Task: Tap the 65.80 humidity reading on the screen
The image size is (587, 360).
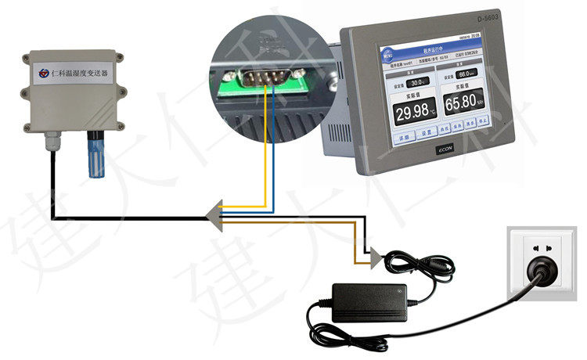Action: coord(464,103)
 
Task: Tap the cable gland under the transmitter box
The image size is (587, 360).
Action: coord(52,142)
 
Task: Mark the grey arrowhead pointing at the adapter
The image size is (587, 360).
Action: coord(378,256)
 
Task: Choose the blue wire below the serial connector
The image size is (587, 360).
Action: coord(272,149)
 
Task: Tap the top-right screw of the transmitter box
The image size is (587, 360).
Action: coord(117,58)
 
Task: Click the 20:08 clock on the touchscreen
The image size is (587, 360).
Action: coord(474,35)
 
